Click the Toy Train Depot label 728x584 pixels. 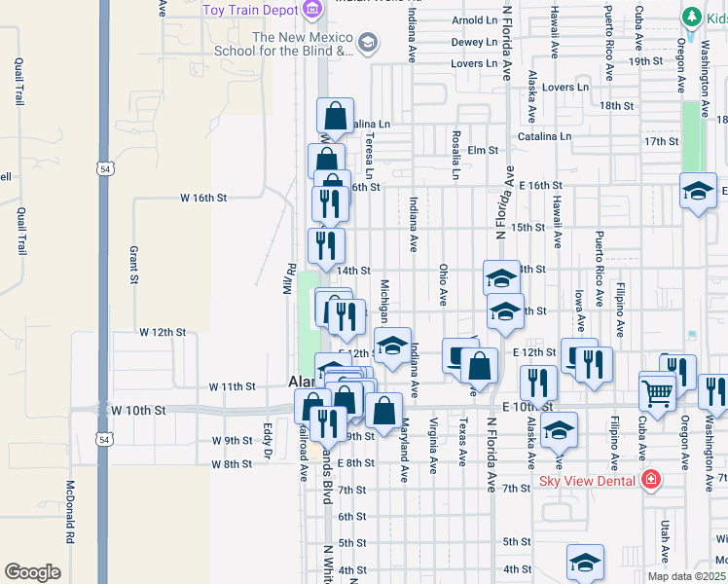click(x=251, y=10)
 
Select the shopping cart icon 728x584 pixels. click(x=658, y=392)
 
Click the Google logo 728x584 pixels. click(x=31, y=572)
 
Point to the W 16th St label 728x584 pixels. click(x=203, y=197)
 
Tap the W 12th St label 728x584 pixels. click(x=163, y=332)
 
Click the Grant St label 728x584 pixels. click(x=134, y=264)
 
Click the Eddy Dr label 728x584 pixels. click(x=267, y=439)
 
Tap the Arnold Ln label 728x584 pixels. click(x=475, y=19)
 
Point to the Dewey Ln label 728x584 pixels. click(x=475, y=42)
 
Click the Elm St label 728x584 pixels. click(x=483, y=151)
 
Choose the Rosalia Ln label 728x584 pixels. click(x=455, y=156)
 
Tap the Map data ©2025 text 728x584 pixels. click(x=686, y=576)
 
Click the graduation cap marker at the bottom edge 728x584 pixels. click(x=585, y=563)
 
